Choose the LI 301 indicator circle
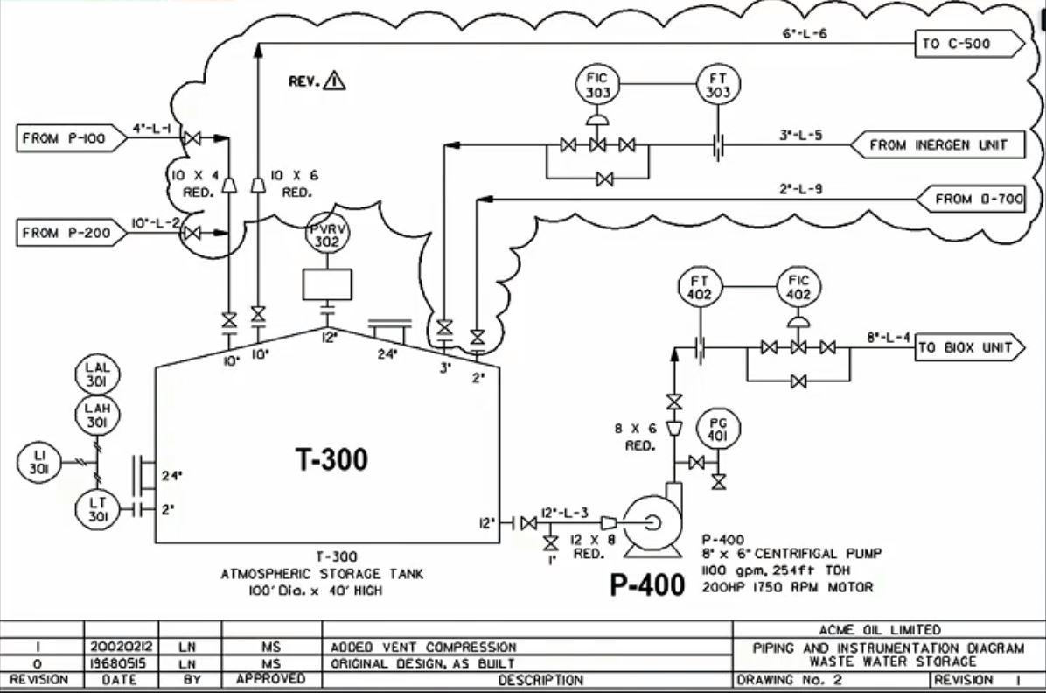coord(38,462)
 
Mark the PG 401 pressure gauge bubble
coord(717,429)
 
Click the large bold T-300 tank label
coord(331,459)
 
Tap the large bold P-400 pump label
coord(647,585)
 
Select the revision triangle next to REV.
coord(334,80)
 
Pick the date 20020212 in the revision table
coord(121,647)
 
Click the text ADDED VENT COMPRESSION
coord(423,647)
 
